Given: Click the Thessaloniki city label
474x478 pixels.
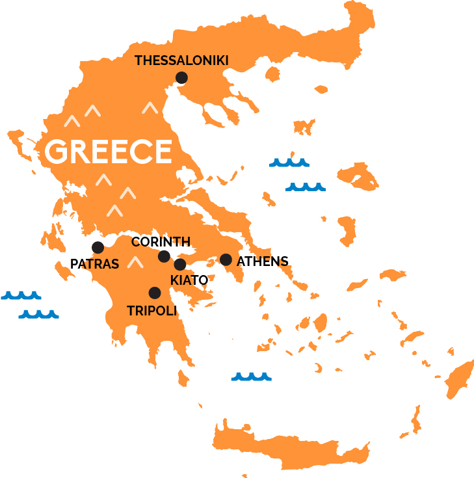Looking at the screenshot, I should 181,60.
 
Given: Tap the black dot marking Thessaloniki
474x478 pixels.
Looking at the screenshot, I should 181,78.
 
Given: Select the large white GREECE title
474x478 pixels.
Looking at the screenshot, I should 108,152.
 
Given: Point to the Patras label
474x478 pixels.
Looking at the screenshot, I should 95,264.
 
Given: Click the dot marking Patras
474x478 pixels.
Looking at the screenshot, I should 98,247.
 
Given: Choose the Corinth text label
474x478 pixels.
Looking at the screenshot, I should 161,242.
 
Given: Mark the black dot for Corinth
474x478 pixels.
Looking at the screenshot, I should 164,256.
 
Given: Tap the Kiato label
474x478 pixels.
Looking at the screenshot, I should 189,280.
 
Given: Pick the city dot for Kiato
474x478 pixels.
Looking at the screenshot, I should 180,265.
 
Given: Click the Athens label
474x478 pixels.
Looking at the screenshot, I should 262,261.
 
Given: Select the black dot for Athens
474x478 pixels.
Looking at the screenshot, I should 226,259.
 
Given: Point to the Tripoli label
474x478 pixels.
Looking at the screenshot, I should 152,311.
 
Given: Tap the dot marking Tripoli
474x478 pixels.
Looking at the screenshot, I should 155,293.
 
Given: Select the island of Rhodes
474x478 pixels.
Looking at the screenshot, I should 460,378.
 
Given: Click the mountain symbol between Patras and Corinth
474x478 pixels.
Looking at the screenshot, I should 135,262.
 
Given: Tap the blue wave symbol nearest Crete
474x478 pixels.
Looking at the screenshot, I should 251,377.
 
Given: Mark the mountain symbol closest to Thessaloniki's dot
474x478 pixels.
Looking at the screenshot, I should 151,107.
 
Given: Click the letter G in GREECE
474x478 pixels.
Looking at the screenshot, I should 57,152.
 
